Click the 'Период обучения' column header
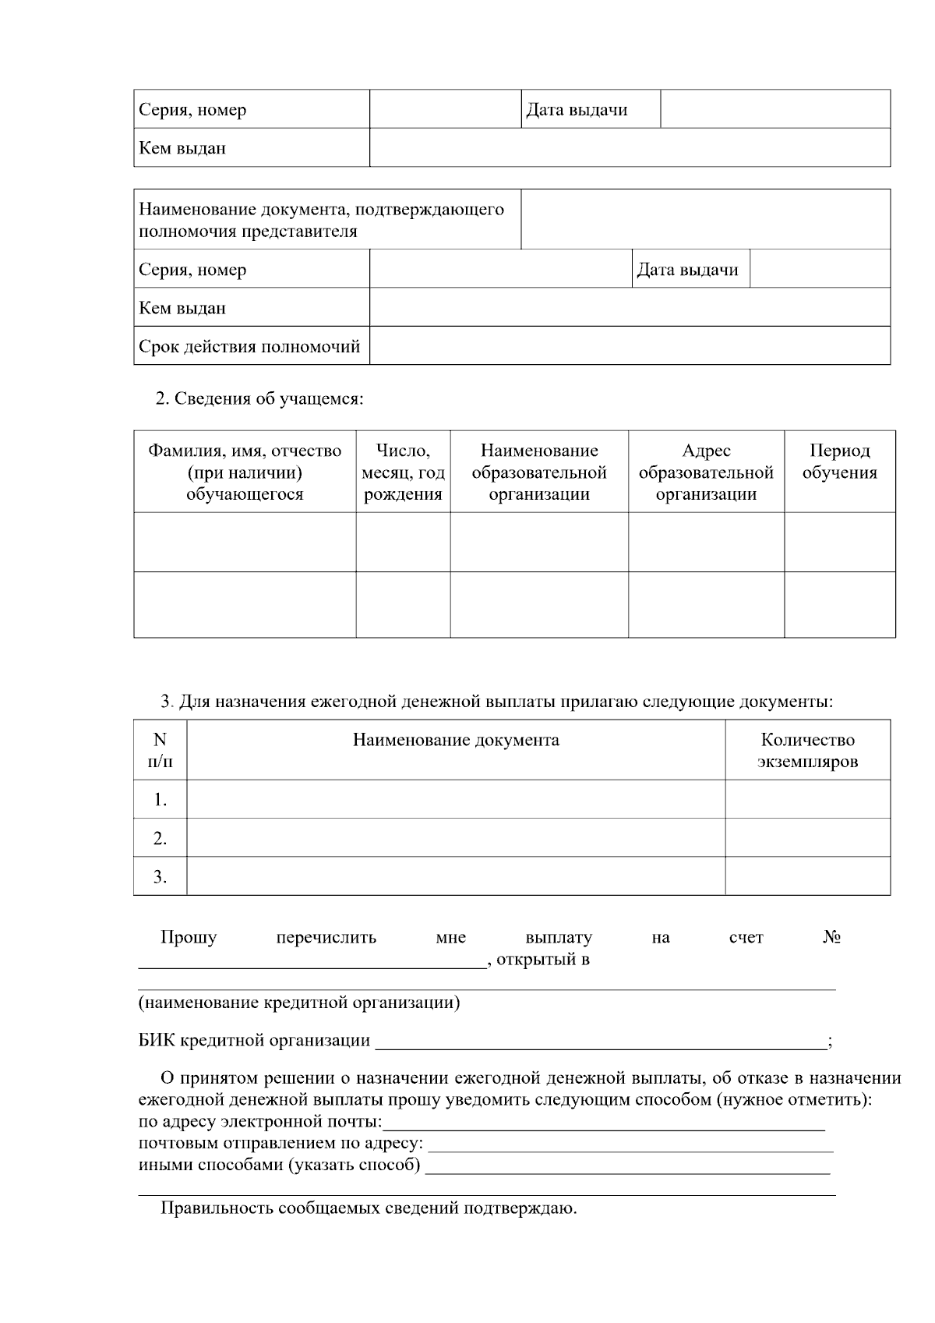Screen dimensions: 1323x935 click(839, 462)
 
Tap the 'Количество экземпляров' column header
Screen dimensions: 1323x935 click(807, 750)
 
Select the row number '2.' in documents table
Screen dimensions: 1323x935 click(160, 838)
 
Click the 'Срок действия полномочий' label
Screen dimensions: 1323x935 click(249, 346)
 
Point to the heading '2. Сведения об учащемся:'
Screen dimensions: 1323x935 click(259, 399)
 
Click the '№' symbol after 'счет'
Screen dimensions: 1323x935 click(831, 937)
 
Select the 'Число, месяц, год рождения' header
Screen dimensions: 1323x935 click(403, 472)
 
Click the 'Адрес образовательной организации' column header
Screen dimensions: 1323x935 click(706, 472)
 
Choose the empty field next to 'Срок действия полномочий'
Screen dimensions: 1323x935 click(629, 345)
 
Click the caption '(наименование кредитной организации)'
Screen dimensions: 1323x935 click(299, 1003)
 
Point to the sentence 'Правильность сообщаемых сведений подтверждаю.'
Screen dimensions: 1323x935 click(369, 1209)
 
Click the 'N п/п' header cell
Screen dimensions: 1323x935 click(160, 750)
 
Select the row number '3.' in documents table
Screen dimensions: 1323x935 click(160, 877)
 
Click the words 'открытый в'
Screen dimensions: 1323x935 click(543, 959)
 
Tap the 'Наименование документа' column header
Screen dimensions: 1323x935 click(456, 740)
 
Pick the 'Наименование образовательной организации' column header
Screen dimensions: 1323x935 click(539, 472)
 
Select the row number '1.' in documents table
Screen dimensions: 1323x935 click(160, 799)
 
